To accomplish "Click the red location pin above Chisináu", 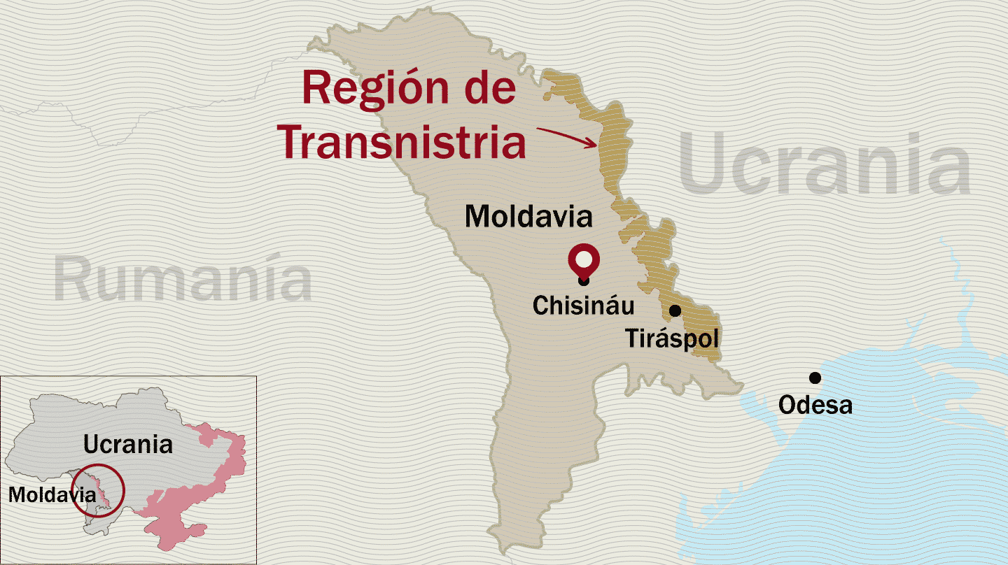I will (584, 259).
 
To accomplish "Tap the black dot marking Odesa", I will (815, 378).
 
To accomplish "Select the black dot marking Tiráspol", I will (675, 310).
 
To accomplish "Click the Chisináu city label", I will (583, 306).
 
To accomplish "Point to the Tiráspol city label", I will (672, 339).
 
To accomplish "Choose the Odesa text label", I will (815, 405).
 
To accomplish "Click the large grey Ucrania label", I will (825, 166).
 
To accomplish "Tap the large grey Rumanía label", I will (183, 280).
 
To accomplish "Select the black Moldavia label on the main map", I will (528, 216).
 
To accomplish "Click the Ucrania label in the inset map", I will (127, 444).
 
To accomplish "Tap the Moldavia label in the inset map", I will (51, 494).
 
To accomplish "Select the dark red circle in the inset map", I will (99, 490).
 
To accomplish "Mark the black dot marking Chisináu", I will (584, 281).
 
